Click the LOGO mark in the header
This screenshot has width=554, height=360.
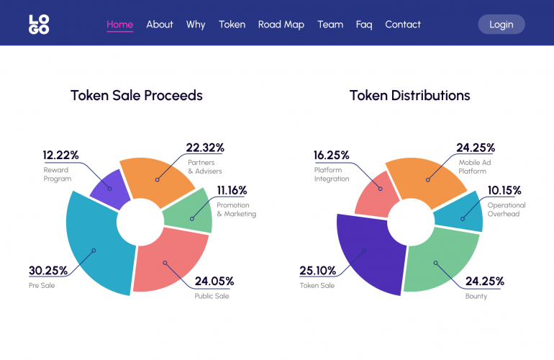(39, 24)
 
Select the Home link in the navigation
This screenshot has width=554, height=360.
(119, 24)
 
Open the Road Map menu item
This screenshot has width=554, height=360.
(281, 24)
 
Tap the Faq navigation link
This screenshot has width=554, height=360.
(364, 24)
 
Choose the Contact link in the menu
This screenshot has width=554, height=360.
(403, 24)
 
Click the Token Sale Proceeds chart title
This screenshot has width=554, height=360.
(137, 95)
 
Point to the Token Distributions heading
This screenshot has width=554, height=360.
(410, 95)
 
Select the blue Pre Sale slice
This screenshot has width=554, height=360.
(94, 245)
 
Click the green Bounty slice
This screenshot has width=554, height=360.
(435, 263)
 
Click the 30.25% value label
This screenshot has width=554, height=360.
(48, 271)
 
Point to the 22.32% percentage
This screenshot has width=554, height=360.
(205, 148)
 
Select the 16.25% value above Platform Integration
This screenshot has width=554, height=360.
(331, 155)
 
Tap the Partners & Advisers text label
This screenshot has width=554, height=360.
(205, 167)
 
